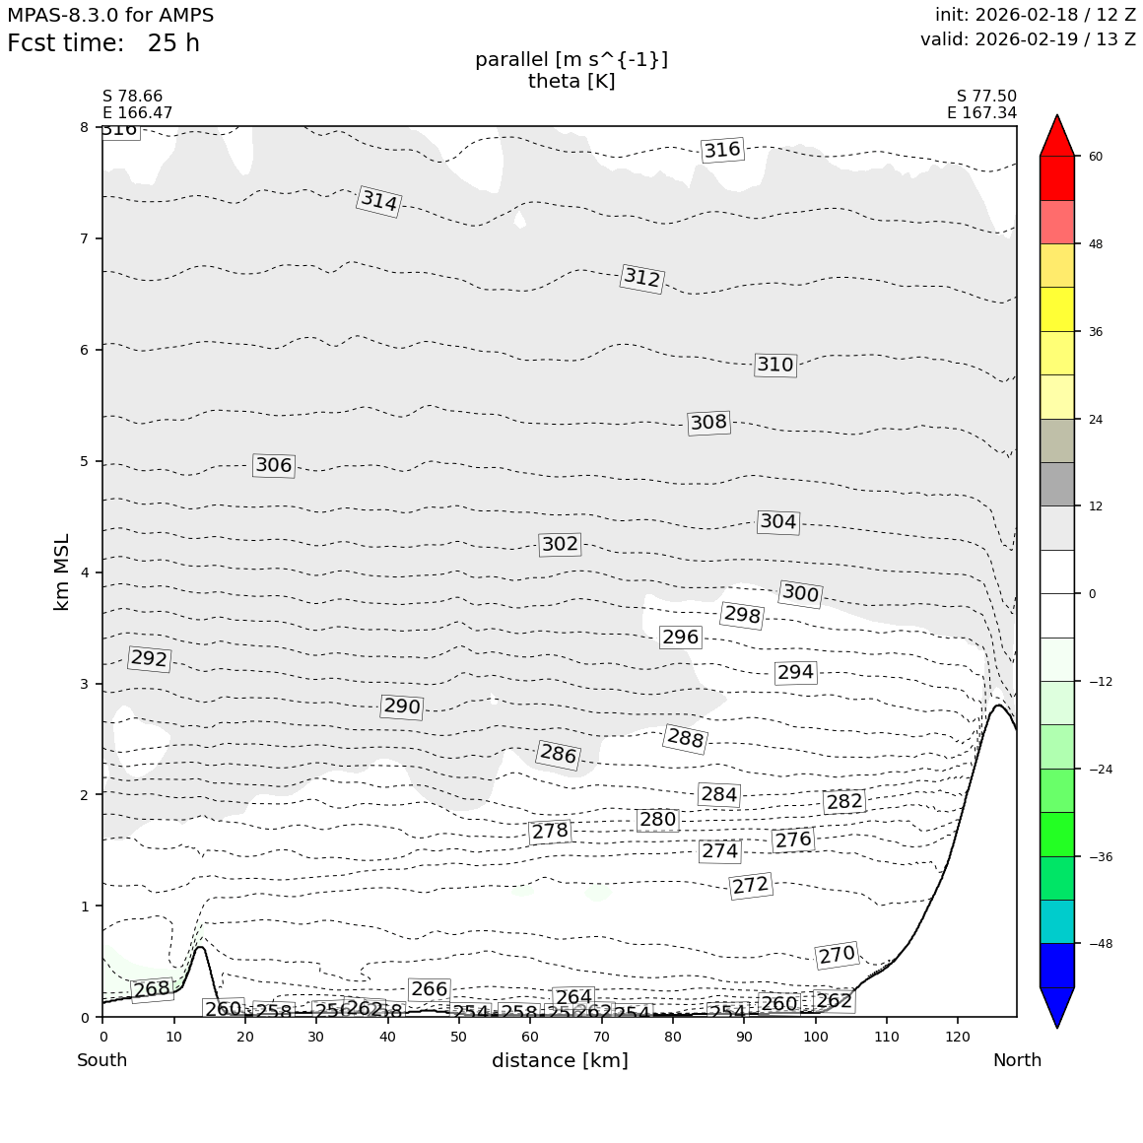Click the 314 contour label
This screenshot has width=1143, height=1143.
[378, 201]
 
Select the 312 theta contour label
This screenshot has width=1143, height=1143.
[641, 278]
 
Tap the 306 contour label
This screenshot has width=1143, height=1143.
[273, 465]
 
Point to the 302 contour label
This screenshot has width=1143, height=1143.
[560, 544]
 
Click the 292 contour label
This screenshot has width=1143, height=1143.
[149, 658]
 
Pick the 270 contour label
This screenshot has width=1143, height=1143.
[837, 955]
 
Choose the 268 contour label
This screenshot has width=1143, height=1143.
[152, 989]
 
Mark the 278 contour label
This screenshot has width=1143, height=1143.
[550, 832]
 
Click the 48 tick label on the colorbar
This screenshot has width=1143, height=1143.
[1095, 244]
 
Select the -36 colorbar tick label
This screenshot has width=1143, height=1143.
[1101, 856]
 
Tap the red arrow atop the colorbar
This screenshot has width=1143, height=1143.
[1057, 136]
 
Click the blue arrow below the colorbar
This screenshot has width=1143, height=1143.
[1057, 1006]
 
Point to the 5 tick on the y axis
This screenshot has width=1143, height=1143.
[84, 461]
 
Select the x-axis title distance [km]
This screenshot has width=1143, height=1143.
[560, 1060]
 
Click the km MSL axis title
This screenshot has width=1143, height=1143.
[62, 571]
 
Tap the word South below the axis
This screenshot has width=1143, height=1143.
[102, 1060]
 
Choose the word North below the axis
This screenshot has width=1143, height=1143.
[1017, 1060]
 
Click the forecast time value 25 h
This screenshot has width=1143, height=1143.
[173, 43]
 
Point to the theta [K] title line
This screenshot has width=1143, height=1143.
[571, 81]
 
